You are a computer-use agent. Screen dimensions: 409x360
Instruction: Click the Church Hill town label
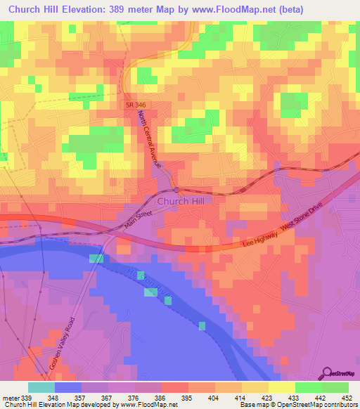tap(181, 201)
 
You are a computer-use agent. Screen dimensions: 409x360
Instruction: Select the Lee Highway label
tap(260, 242)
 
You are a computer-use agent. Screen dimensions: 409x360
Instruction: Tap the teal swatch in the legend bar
tap(41, 387)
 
